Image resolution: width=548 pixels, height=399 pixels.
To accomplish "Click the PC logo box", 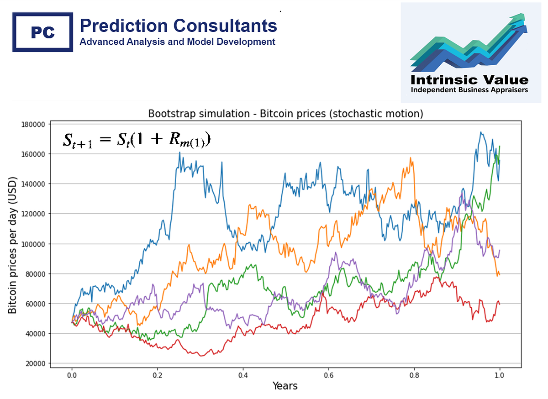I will click(x=42, y=32).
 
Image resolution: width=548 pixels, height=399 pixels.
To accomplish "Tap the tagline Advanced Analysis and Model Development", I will click(x=177, y=42).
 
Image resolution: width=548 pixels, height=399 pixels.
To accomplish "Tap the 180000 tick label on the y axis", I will click(x=35, y=124).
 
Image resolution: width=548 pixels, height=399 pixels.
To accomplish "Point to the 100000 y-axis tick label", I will click(x=35, y=244).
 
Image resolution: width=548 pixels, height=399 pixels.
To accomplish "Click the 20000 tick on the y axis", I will click(x=37, y=363).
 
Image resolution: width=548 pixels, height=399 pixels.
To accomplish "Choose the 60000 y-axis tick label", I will click(x=37, y=304).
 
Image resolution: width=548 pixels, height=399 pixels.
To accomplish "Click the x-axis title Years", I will click(x=285, y=386).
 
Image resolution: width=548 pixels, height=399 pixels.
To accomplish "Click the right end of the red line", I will click(x=500, y=304).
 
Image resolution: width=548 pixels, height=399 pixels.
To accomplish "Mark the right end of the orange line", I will click(x=500, y=275).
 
